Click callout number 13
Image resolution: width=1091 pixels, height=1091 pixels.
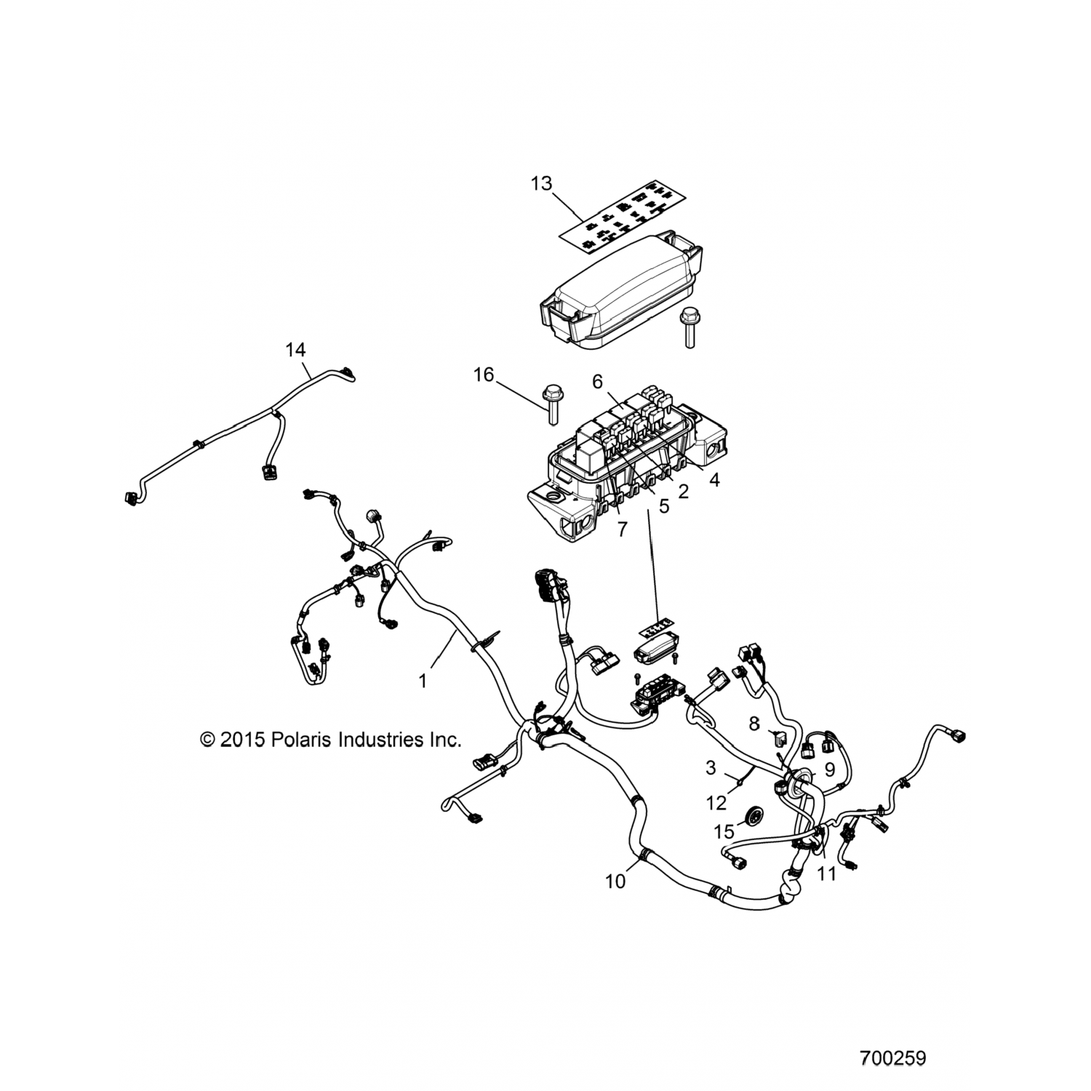point(541,183)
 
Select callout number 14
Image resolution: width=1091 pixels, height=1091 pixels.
point(295,350)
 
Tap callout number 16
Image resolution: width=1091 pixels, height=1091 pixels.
point(483,375)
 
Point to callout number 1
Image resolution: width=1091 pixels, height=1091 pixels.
point(423,682)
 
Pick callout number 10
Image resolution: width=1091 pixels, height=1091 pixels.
point(615,881)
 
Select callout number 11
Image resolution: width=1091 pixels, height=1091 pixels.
point(827,874)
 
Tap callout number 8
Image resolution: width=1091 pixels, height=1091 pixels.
point(754,724)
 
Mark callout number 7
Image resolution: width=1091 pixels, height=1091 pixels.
point(621,529)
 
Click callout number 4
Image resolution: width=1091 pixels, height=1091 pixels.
point(714,480)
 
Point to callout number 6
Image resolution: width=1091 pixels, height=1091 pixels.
point(598,380)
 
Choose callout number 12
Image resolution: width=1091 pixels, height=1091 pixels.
point(716,802)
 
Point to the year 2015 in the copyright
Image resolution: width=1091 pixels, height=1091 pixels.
point(241,740)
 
